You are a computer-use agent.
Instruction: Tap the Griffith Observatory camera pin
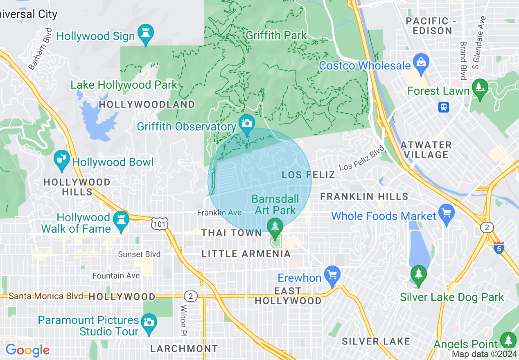point(247,124)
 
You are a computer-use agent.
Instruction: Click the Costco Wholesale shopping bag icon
point(420,63)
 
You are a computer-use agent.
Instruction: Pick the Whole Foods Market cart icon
point(446,214)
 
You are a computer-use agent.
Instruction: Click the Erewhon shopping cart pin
point(332,275)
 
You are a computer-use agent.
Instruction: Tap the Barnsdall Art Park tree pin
point(275,227)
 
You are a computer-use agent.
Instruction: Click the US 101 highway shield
point(158,224)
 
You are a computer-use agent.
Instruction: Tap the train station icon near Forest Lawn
point(443,107)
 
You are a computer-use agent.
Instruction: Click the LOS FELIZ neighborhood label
point(309,175)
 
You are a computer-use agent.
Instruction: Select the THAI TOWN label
point(231,233)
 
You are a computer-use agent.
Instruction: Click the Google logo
point(27,350)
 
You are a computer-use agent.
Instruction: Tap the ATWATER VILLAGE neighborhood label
point(426,150)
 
